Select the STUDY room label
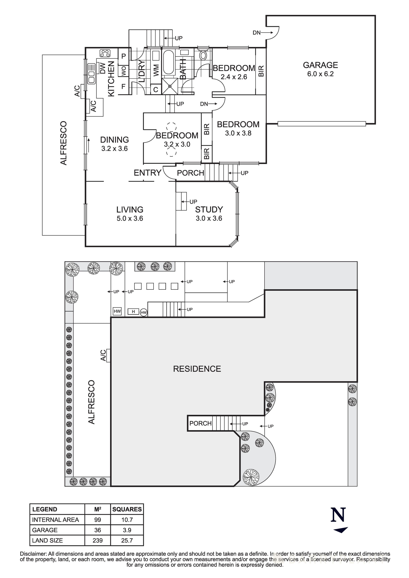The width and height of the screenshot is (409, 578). [209, 209]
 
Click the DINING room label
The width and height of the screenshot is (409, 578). [115, 140]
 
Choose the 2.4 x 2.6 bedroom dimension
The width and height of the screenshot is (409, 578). [234, 77]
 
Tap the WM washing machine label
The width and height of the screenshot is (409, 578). [156, 70]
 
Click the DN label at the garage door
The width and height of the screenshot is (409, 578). [257, 33]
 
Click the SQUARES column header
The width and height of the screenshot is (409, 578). [127, 509]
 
